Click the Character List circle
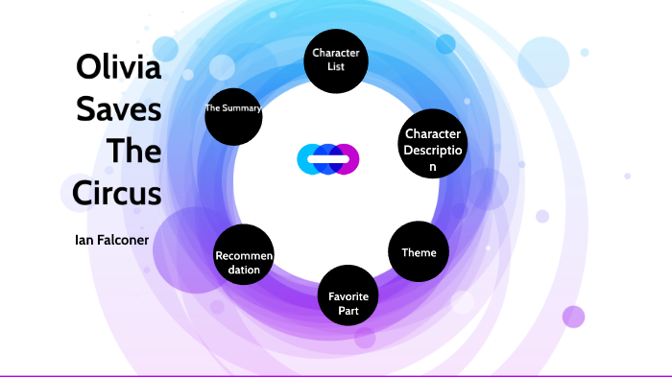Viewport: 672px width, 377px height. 335,59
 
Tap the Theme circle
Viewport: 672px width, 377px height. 419,252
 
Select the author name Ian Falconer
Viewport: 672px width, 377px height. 112,240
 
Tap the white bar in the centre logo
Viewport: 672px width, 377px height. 327,158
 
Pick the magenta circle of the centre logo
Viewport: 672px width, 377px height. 348,158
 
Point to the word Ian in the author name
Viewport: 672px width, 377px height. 84,240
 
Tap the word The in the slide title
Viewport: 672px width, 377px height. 134,152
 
